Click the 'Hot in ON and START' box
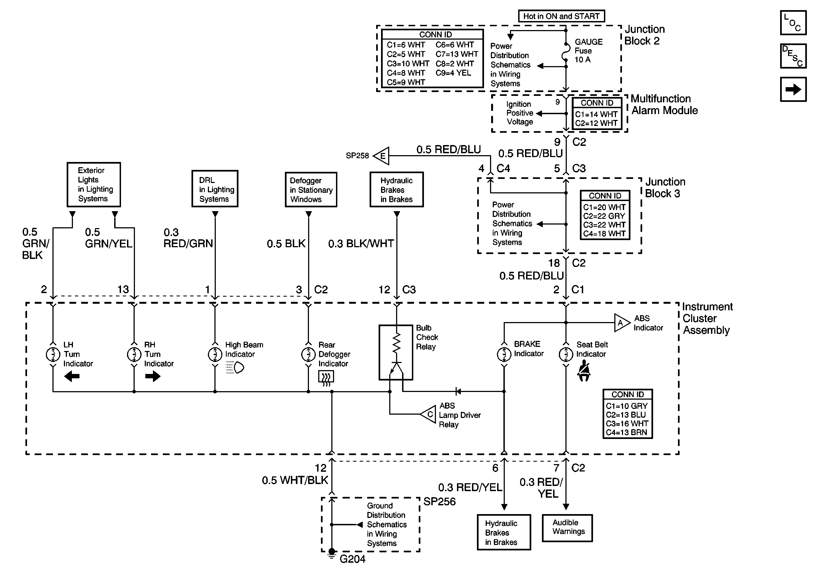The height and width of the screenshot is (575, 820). (561, 16)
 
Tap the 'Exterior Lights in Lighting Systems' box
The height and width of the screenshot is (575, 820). (94, 185)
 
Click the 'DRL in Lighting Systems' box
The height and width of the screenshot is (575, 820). (215, 188)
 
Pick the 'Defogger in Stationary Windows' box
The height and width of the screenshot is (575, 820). (311, 190)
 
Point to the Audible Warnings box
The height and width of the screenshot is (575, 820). (567, 528)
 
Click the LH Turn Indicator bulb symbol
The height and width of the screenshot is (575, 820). (53, 354)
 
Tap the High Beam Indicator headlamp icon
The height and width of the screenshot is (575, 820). (235, 367)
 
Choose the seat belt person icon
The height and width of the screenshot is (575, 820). (584, 371)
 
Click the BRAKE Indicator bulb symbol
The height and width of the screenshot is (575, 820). (504, 354)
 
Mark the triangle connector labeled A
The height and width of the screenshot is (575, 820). (622, 323)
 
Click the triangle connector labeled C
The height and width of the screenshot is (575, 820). (428, 414)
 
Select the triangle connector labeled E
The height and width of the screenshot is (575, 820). (381, 156)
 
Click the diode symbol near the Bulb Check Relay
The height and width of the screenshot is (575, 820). (458, 391)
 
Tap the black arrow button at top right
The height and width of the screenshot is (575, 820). (793, 89)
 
